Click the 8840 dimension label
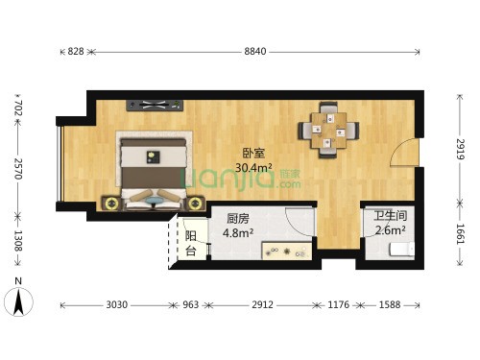pyautogui.click(x=255, y=51)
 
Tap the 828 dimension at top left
pyautogui.click(x=76, y=51)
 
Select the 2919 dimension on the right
pyautogui.click(x=460, y=149)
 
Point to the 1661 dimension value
pyautogui.click(x=460, y=234)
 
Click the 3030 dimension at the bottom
pyautogui.click(x=117, y=304)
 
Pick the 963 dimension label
pyautogui.click(x=191, y=304)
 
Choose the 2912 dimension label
pyautogui.click(x=262, y=304)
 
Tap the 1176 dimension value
pyautogui.click(x=339, y=304)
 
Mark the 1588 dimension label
pyautogui.click(x=390, y=304)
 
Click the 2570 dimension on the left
pyautogui.click(x=18, y=169)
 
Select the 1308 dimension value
pyautogui.click(x=18, y=241)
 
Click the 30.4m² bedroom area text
pyautogui.click(x=253, y=167)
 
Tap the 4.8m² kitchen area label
pyautogui.click(x=238, y=232)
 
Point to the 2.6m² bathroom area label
pyautogui.click(x=391, y=229)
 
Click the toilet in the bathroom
pyautogui.click(x=401, y=250)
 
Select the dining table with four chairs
pyautogui.click(x=328, y=131)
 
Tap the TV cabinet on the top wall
pyautogui.click(x=155, y=106)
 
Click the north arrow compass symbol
pyautogui.click(x=18, y=301)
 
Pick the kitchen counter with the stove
pyautogui.click(x=287, y=251)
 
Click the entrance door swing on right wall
pyautogui.click(x=404, y=152)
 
